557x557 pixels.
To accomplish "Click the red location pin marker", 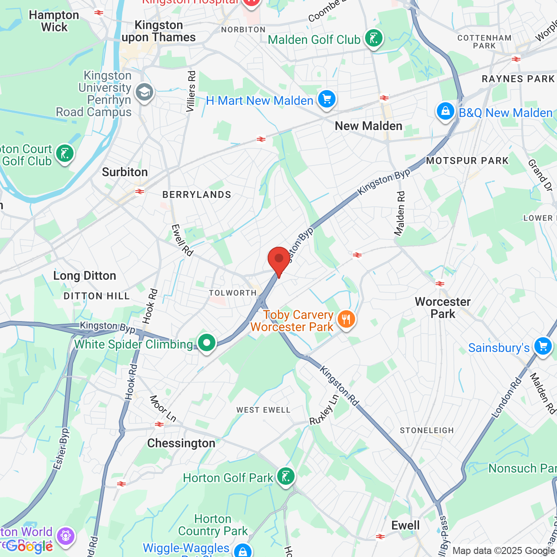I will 279,259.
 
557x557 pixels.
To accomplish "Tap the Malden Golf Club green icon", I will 373,38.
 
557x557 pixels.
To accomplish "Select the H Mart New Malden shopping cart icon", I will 326,99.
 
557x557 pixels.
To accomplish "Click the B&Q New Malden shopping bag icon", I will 445,111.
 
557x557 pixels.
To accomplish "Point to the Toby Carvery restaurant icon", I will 346,319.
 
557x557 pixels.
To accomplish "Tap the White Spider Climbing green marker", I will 207,343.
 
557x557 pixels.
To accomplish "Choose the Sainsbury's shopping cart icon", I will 543,347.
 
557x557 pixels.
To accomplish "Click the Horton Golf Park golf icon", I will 285,476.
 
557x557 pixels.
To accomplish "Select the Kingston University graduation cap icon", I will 144,92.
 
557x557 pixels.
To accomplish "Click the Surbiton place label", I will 125,172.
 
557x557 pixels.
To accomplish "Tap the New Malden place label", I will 369,126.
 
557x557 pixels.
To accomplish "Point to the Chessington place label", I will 181,443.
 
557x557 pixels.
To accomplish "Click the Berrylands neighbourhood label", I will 197,195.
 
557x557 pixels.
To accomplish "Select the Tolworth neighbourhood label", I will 233,293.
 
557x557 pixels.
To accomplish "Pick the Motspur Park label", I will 467,161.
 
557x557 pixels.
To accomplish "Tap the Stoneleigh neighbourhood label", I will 427,430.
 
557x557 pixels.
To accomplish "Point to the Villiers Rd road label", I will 191,91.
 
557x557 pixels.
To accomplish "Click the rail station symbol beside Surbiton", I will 140,191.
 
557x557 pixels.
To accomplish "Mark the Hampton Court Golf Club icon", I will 65,154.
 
